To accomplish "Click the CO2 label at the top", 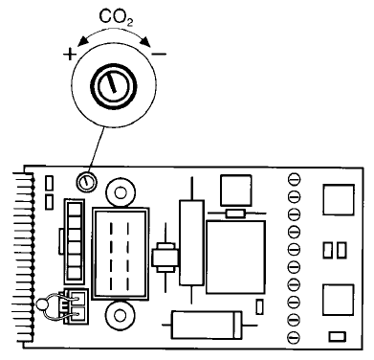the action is (116, 17).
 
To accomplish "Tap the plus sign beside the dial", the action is (70, 55).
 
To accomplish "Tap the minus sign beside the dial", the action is (160, 54).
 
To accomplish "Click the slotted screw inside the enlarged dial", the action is (114, 85).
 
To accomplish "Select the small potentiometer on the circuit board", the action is (86, 182).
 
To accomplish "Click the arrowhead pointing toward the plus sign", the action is (82, 41).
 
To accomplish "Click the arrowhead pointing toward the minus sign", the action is (145, 41).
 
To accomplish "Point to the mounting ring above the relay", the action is (121, 192).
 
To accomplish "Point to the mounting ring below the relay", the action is (121, 316).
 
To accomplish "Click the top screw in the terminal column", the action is (294, 179).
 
